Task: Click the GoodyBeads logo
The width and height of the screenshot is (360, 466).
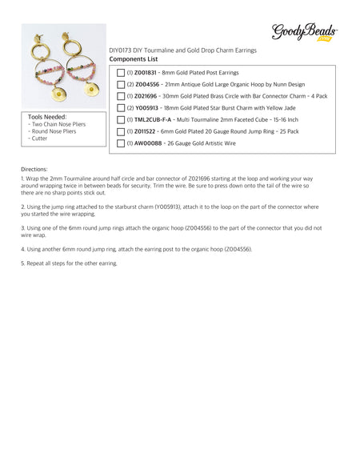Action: [x=305, y=32]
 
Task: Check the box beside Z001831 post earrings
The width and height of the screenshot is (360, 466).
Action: [x=121, y=72]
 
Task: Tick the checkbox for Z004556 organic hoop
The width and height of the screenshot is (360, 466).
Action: [x=121, y=84]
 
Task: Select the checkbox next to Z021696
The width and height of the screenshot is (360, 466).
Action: [x=121, y=96]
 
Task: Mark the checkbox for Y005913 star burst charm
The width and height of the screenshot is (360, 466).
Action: [x=121, y=108]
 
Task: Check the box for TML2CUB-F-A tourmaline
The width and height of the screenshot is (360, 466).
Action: [x=121, y=120]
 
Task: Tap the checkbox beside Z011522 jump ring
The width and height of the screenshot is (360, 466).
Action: [x=121, y=132]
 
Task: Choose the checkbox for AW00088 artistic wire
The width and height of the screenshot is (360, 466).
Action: [x=121, y=144]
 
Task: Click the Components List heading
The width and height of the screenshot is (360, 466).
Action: [x=134, y=59]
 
